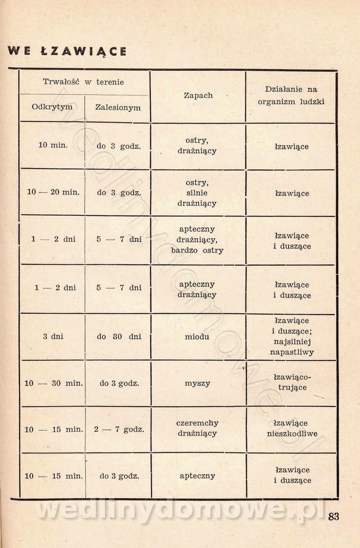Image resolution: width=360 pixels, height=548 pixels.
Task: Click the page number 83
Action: click(334, 516)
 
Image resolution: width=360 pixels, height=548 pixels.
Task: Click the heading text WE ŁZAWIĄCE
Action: click(67, 50)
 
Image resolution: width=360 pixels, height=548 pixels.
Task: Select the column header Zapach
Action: click(198, 95)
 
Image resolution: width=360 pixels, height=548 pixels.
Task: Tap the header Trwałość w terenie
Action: click(83, 82)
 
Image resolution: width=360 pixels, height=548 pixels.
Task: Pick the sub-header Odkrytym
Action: click(52, 107)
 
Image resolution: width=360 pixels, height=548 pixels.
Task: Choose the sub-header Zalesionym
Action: click(118, 108)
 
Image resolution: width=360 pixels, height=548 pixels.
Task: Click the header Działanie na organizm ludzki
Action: click(291, 95)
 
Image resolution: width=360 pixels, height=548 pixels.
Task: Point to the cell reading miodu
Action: click(197, 337)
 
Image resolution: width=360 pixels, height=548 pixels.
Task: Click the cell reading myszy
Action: click(197, 383)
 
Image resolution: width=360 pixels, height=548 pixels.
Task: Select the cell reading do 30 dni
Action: click(119, 337)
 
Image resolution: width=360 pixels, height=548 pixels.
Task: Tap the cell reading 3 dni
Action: click(53, 337)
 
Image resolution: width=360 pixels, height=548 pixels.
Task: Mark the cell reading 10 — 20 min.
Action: click(53, 192)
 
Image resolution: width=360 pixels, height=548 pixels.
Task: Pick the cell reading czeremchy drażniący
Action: click(197, 428)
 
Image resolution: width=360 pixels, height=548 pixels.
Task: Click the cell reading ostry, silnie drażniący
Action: click(197, 193)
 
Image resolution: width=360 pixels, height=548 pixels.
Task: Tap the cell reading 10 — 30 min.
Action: click(53, 383)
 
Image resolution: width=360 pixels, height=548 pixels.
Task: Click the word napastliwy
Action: click(292, 352)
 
